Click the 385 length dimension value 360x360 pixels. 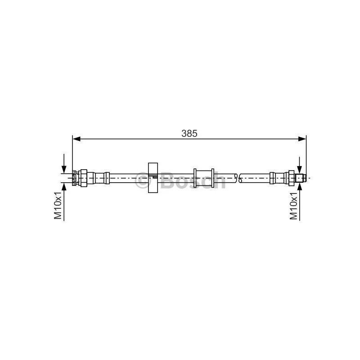coord(189,133)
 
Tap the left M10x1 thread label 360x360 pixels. coord(58,205)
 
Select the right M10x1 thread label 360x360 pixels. coord(293,206)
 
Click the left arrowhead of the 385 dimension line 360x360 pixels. coord(76,139)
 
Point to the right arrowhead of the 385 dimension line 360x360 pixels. coord(302,139)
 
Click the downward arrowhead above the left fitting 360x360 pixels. coord(64,169)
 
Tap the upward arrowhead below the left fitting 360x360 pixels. coord(64,187)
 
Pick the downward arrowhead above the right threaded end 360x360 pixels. coord(299,170)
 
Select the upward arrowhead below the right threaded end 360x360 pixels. coord(299,187)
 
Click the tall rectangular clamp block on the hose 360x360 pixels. coord(153,178)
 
